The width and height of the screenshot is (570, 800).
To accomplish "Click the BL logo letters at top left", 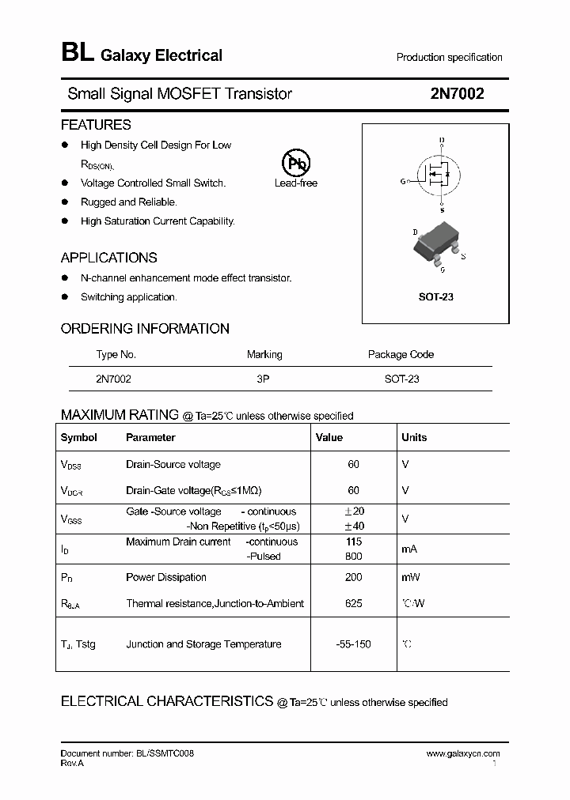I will [78, 53].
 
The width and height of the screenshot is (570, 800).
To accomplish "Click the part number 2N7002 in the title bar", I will [457, 93].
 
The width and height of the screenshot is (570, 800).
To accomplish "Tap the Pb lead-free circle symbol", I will [296, 164].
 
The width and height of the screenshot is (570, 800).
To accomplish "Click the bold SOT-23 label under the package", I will [435, 297].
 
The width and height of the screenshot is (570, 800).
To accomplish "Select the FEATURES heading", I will [96, 125].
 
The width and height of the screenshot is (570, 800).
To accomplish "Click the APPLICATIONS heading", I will [108, 258].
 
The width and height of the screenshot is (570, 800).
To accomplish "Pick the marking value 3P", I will [264, 379].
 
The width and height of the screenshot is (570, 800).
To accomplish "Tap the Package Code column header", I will [401, 354].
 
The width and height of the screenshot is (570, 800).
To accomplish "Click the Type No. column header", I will [116, 354].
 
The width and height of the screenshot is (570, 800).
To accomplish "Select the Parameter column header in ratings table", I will [150, 437].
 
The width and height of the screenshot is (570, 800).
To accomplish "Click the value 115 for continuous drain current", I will [353, 542].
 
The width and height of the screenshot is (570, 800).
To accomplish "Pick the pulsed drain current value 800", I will [353, 556].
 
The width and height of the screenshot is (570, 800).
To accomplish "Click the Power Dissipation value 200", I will [353, 577].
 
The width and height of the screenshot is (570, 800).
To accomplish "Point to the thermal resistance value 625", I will [353, 603].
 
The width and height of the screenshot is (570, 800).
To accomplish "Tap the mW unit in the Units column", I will [411, 577].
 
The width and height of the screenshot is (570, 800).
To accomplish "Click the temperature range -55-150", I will [353, 644].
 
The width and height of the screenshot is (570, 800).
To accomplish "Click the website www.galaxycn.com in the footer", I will [463, 753].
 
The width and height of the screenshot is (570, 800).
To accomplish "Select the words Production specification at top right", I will [449, 57].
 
